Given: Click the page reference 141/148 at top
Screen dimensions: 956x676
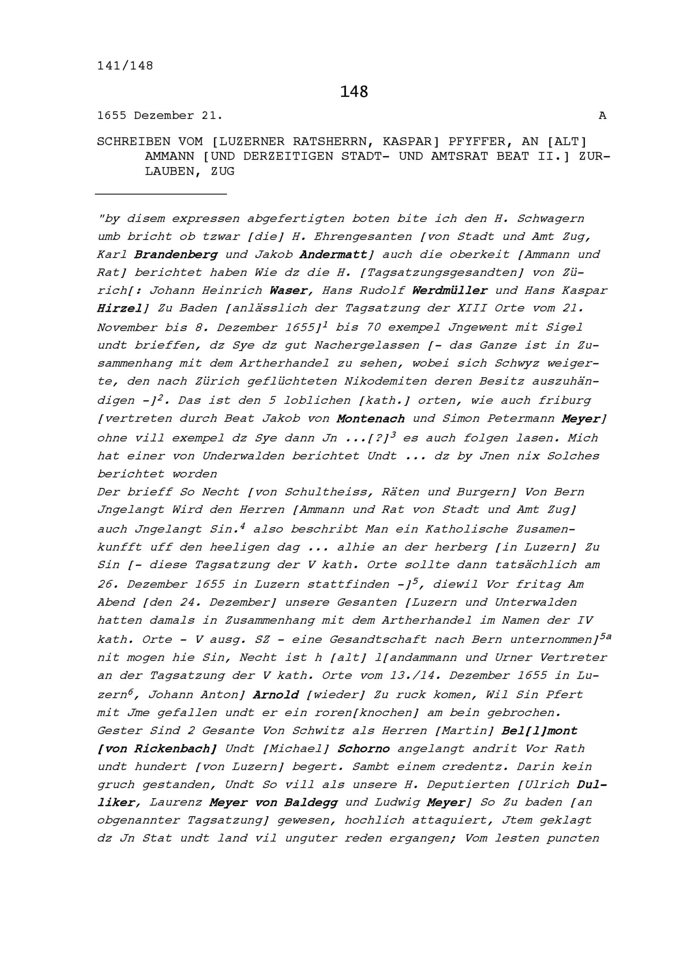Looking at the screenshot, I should [125, 66].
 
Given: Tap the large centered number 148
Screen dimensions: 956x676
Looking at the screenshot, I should [354, 92].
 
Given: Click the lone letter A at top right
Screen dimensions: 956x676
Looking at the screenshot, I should [602, 116].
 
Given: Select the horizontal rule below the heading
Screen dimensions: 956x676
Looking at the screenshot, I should [161, 194].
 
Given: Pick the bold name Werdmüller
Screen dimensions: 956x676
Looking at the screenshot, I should [450, 290].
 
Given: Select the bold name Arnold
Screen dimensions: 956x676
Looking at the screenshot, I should [276, 695].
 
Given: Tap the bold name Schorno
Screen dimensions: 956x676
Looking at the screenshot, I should [363, 749].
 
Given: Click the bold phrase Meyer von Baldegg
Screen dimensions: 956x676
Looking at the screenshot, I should [273, 802].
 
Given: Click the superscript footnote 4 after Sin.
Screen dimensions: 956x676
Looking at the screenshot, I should [242, 526].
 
